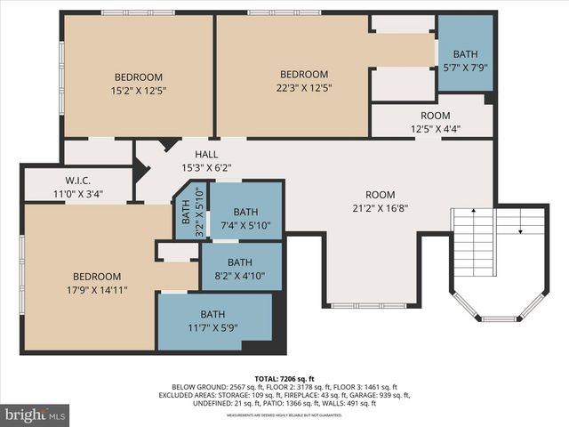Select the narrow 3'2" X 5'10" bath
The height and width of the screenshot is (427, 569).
[x=187, y=212]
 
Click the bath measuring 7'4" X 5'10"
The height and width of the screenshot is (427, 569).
[x=245, y=218]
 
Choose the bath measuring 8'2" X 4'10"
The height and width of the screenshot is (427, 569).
[x=239, y=269]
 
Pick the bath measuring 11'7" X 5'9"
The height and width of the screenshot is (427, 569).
[x=212, y=320]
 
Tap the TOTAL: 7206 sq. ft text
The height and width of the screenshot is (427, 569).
[x=284, y=377]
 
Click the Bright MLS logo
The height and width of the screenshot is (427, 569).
[x=36, y=415]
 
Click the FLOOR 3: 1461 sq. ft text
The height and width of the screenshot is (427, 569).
[x=373, y=386]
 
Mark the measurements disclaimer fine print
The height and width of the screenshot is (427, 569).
[x=284, y=415]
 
